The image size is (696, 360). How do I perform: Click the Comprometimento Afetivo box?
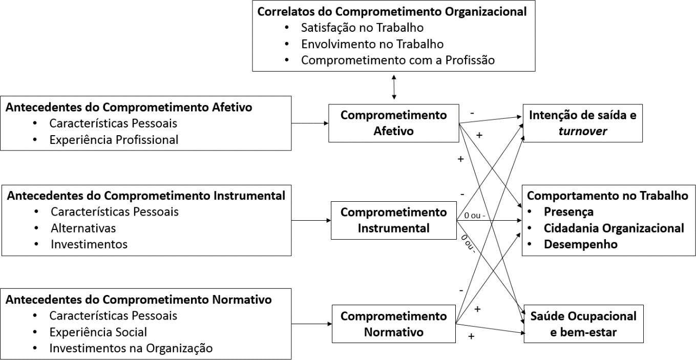click(393, 123)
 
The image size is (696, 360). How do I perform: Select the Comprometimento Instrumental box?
click(393, 220)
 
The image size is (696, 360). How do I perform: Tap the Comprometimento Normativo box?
click(393, 324)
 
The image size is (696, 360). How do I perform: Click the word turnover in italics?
click(582, 131)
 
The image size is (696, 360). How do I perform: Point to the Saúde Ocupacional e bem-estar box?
click(583, 324)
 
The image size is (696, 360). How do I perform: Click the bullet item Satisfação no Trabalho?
click(362, 27)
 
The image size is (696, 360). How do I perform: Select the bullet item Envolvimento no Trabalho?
click(372, 44)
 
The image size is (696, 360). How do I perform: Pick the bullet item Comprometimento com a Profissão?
click(398, 60)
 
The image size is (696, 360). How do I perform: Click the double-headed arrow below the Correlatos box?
click(393, 87)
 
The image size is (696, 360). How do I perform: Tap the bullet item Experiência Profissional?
click(114, 139)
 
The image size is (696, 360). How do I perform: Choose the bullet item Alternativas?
click(83, 227)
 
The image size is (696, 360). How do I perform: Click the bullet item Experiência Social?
click(98, 332)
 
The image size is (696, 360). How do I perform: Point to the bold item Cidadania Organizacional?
click(614, 228)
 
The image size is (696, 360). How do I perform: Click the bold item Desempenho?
click(581, 244)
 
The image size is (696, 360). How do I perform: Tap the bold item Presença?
click(568, 211)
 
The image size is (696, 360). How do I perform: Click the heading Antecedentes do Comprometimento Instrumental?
click(145, 195)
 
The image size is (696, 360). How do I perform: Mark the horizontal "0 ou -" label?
click(474, 216)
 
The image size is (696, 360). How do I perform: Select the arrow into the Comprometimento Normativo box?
click(311, 324)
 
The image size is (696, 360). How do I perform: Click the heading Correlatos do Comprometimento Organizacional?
click(392, 11)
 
